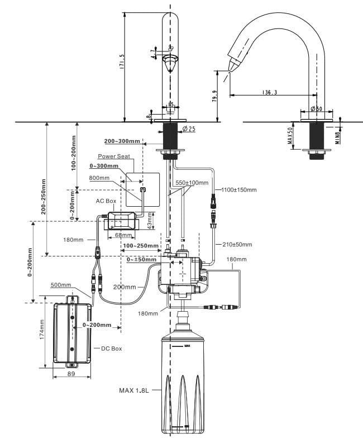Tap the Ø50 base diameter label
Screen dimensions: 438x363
(317, 109)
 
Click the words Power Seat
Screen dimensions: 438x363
(114, 156)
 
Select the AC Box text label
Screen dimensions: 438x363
(106, 201)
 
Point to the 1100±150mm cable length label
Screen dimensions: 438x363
(239, 190)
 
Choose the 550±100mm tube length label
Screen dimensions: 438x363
(192, 183)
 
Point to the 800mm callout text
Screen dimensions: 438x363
(100, 178)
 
